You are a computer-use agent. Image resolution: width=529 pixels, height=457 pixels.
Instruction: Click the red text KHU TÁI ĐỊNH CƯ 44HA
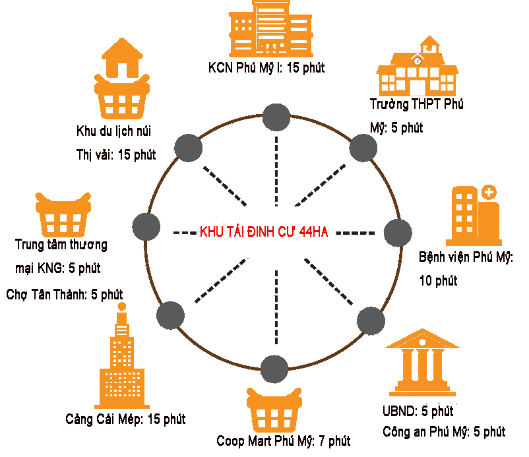click(264, 231)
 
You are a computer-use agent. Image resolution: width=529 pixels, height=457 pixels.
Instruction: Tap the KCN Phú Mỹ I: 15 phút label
click(266, 67)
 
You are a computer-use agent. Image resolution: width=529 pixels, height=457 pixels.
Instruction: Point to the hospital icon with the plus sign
click(472, 214)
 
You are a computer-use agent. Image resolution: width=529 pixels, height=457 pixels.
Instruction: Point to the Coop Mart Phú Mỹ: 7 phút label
click(283, 440)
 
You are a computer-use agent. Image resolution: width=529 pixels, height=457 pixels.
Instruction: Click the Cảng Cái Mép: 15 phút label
click(125, 419)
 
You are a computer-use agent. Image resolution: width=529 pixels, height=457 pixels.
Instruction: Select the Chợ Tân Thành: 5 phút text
click(64, 294)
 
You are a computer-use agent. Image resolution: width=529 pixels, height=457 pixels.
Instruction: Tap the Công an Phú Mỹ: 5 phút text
click(444, 432)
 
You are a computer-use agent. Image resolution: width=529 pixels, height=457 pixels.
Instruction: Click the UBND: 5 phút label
click(418, 411)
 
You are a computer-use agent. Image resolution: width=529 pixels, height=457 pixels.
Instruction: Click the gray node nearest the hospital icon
click(397, 233)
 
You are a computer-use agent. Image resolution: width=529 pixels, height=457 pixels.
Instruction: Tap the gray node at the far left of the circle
click(146, 228)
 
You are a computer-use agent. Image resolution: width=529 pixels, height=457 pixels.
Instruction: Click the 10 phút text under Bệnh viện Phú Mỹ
click(438, 280)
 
